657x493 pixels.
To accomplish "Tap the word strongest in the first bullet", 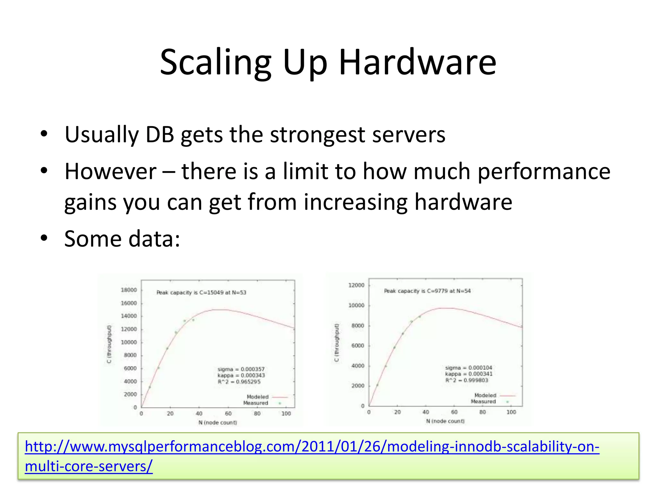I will click(317, 135).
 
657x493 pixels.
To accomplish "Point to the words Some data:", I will click(122, 239).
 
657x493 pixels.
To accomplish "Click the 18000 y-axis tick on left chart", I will click(129, 290).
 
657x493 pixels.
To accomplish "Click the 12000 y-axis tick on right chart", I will click(356, 285).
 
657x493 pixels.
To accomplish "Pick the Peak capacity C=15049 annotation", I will click(201, 292).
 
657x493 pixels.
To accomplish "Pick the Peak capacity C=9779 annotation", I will click(427, 291).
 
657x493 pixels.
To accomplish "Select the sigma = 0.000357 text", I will click(241, 369).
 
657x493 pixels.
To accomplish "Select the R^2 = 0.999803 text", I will click(467, 380).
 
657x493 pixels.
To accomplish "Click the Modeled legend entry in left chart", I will click(258, 397).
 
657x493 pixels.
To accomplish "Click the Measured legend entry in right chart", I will click(483, 402).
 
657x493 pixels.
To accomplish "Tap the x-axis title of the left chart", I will click(218, 423).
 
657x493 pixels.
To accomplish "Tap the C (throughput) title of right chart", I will click(337, 342).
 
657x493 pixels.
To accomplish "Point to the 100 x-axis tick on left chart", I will click(286, 414).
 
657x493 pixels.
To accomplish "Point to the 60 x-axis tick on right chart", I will click(454, 412).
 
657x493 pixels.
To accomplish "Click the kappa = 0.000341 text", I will click(469, 374).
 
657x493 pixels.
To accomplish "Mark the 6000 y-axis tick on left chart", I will click(130, 368).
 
